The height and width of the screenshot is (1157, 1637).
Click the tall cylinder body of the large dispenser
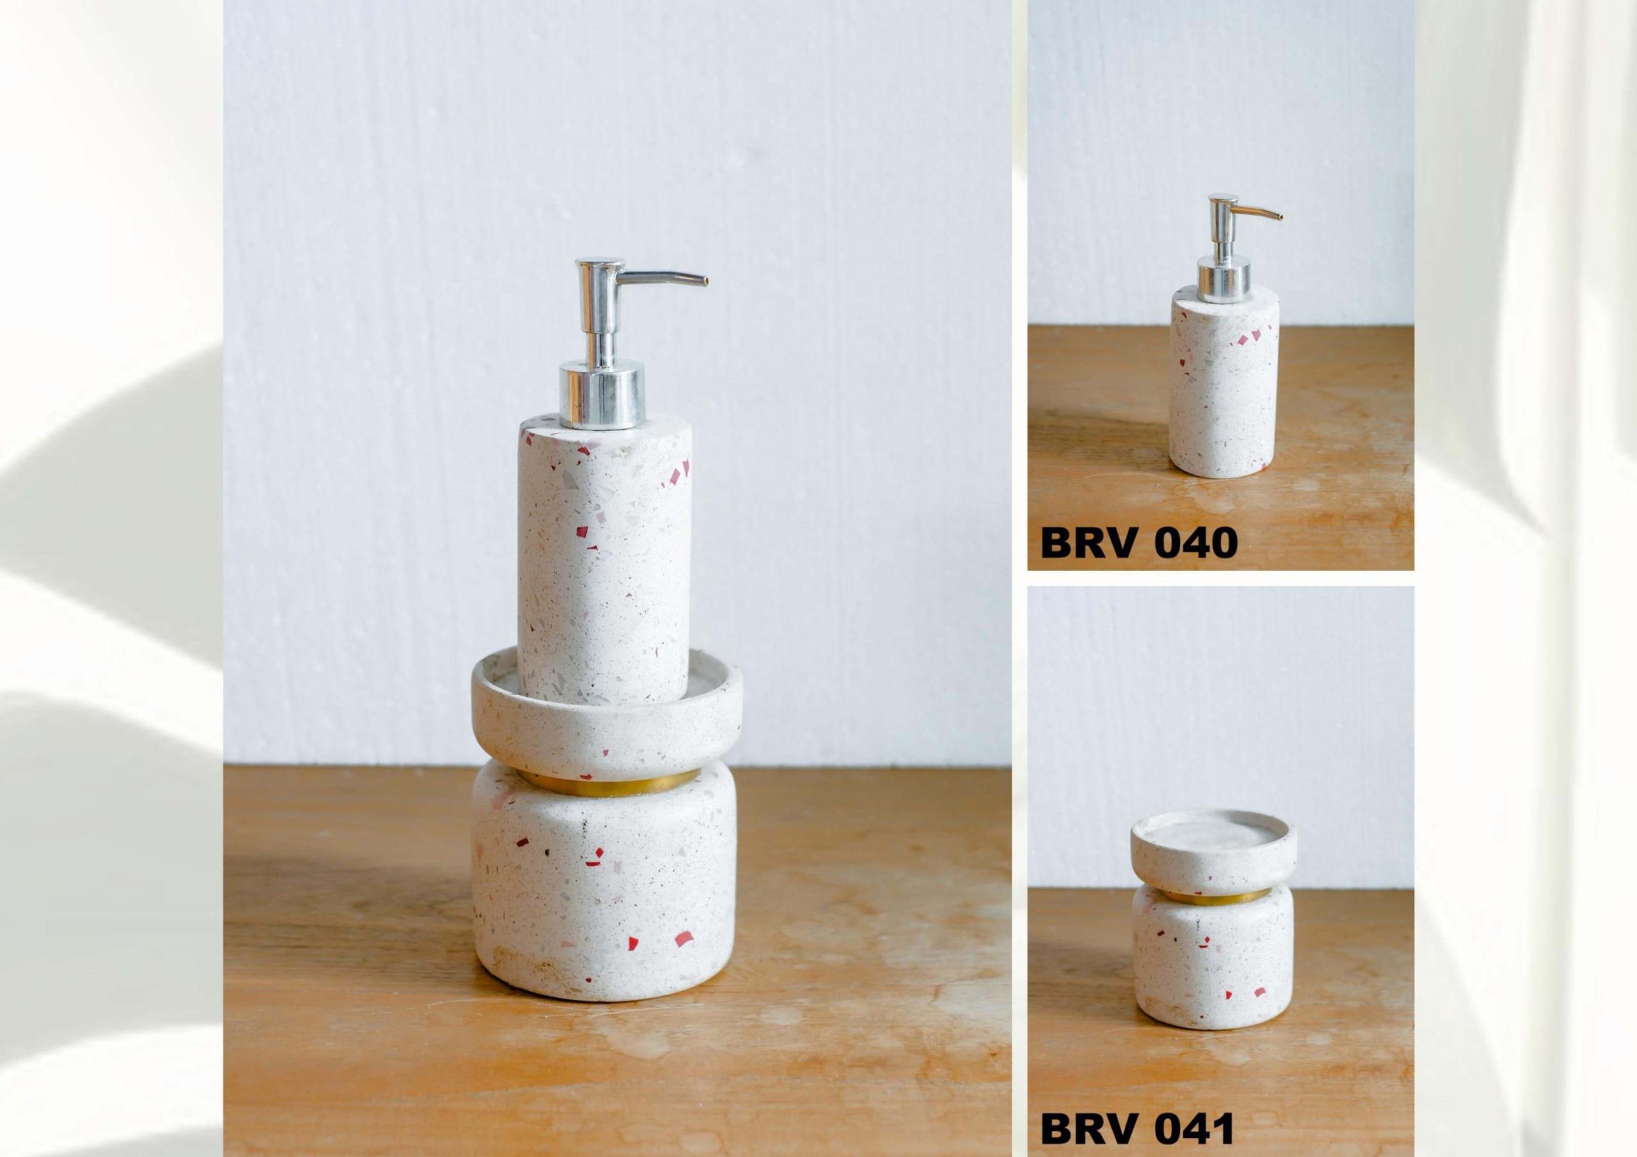[x=603, y=549]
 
